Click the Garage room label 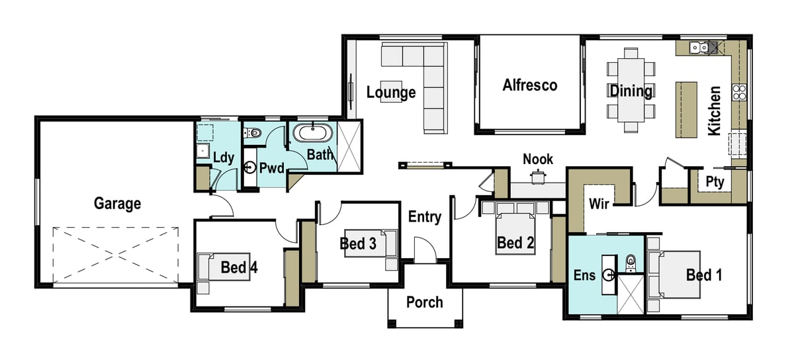click(x=117, y=203)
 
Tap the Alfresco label click(x=529, y=85)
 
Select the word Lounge click(x=391, y=92)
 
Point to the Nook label click(x=537, y=159)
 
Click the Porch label click(x=424, y=302)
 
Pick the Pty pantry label click(x=715, y=182)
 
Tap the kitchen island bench click(x=687, y=109)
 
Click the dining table click(x=631, y=89)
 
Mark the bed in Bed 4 click(x=223, y=267)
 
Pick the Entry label click(x=424, y=216)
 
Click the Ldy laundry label click(x=224, y=157)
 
